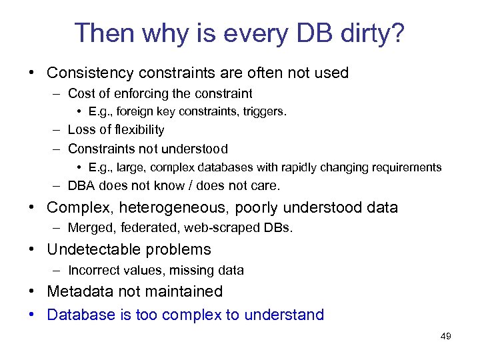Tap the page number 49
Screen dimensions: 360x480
[446, 337]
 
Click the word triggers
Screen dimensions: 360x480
[265, 112]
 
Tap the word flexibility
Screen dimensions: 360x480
[134, 130]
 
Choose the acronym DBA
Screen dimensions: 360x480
[81, 186]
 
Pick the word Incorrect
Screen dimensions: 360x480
[90, 270]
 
